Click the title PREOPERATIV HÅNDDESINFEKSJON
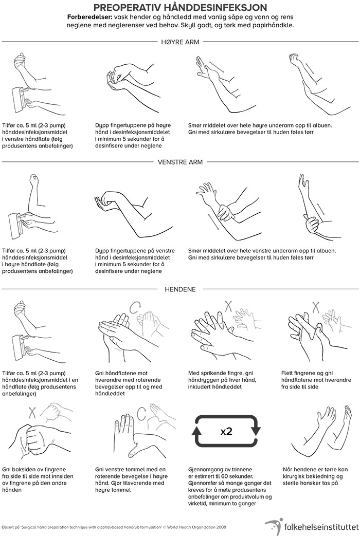click(x=181, y=7)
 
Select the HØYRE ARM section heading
click(x=181, y=42)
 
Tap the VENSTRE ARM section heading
click(x=181, y=162)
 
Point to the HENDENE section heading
click(x=181, y=289)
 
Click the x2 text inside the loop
click(x=226, y=431)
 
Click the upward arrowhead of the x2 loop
click(x=197, y=431)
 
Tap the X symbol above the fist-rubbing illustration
click(x=32, y=413)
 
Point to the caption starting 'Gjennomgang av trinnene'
click(x=230, y=487)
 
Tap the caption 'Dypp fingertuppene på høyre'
click(x=133, y=135)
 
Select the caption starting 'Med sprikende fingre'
click(x=222, y=380)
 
